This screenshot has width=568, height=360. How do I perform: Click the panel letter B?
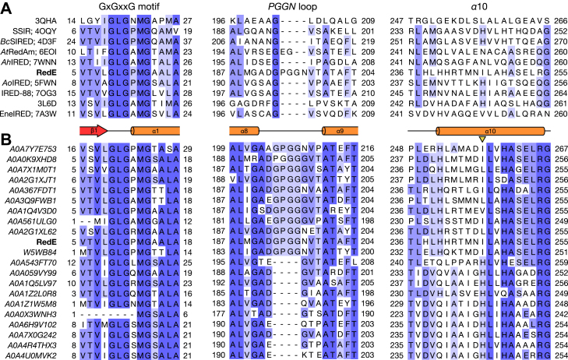6,141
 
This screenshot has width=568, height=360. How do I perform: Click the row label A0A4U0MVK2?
35,353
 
